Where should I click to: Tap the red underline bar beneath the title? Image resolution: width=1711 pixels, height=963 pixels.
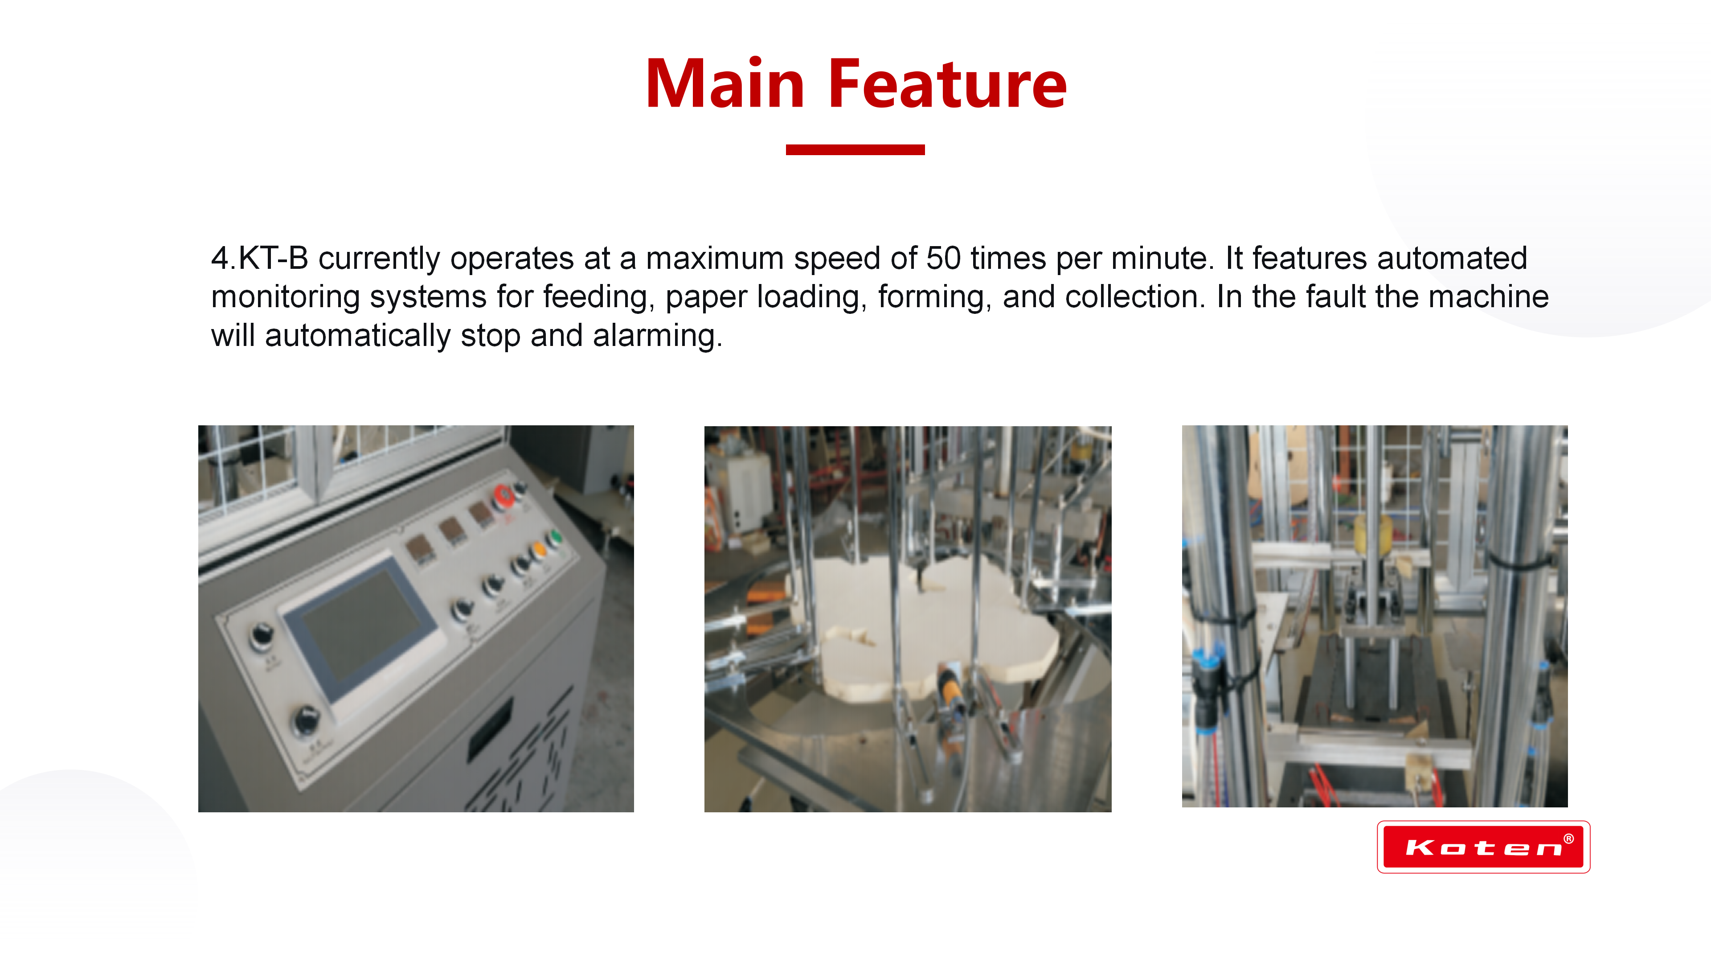point(855,149)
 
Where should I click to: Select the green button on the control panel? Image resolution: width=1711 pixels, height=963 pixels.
point(553,537)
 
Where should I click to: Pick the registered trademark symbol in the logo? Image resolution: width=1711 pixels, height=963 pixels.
point(1568,839)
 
